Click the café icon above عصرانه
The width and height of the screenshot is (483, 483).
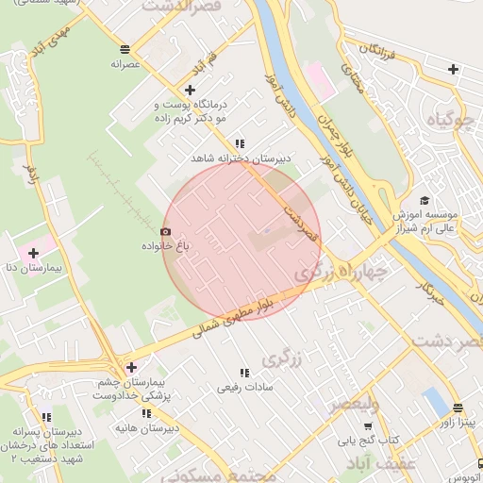click(x=125, y=48)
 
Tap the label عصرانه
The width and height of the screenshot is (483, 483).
click(x=125, y=64)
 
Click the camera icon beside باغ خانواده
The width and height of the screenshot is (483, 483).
click(x=166, y=231)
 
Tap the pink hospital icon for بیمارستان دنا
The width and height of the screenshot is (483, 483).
click(x=34, y=253)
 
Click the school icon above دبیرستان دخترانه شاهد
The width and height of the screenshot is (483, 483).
click(x=241, y=143)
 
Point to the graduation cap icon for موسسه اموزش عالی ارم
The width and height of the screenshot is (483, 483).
click(x=425, y=200)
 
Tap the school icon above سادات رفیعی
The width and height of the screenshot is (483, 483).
click(x=245, y=373)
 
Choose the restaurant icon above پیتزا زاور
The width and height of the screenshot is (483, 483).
click(x=458, y=409)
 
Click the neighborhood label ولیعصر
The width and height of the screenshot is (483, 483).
click(x=354, y=405)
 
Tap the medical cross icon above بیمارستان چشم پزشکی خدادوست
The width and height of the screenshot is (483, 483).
click(x=130, y=367)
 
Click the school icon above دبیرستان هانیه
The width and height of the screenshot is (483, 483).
click(x=146, y=413)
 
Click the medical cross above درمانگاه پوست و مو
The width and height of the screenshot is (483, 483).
click(x=190, y=89)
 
